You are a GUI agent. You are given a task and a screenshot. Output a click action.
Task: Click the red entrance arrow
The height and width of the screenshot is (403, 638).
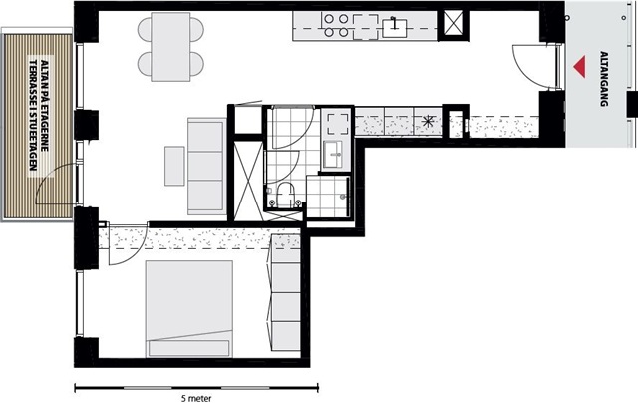click(x=580, y=67)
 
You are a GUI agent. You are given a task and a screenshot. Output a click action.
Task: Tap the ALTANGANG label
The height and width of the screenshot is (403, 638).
click(x=604, y=79)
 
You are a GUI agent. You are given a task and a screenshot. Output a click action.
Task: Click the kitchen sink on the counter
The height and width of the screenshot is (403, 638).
click(x=395, y=28)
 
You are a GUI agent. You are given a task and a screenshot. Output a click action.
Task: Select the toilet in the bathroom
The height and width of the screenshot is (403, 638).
click(x=285, y=195)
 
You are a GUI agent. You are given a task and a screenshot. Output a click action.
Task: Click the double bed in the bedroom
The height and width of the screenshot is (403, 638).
click(x=189, y=309)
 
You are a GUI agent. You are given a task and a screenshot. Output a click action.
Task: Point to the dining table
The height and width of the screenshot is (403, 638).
click(x=170, y=47)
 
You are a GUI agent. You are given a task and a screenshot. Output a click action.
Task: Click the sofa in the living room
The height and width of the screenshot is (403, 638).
click(x=206, y=166)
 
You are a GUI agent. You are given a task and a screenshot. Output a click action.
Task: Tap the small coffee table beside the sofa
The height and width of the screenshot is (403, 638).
click(x=174, y=166)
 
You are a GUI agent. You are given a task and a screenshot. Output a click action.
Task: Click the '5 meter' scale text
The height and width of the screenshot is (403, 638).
click(x=196, y=399)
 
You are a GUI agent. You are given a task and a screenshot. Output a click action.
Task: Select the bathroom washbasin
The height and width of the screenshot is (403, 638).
click(x=336, y=155)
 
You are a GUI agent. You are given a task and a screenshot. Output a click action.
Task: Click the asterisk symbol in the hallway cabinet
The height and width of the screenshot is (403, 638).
click(x=428, y=121)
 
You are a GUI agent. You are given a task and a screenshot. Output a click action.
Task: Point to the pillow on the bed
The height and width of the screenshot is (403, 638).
click(x=188, y=348)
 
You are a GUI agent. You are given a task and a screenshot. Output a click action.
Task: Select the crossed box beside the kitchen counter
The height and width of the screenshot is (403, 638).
click(x=453, y=24)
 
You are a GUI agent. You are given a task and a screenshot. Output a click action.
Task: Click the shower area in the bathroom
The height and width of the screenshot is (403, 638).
click(x=328, y=197)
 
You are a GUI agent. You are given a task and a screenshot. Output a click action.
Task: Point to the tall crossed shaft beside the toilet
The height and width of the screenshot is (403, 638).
click(x=248, y=180)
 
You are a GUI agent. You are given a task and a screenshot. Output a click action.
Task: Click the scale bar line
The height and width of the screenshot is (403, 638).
click(x=196, y=388)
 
